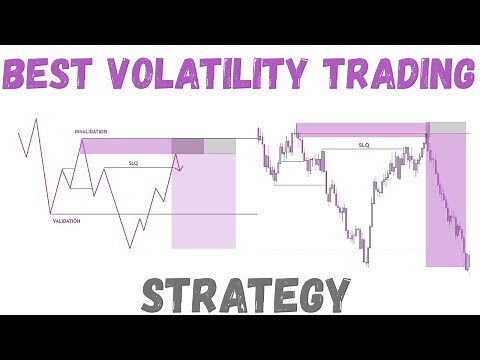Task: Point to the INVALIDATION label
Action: coord(91,132)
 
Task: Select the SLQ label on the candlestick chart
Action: coord(365,144)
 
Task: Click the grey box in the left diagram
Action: coord(220,146)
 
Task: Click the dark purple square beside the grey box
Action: coord(187,146)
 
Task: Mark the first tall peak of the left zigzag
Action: coord(36,120)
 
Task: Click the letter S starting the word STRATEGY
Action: coord(153,295)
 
